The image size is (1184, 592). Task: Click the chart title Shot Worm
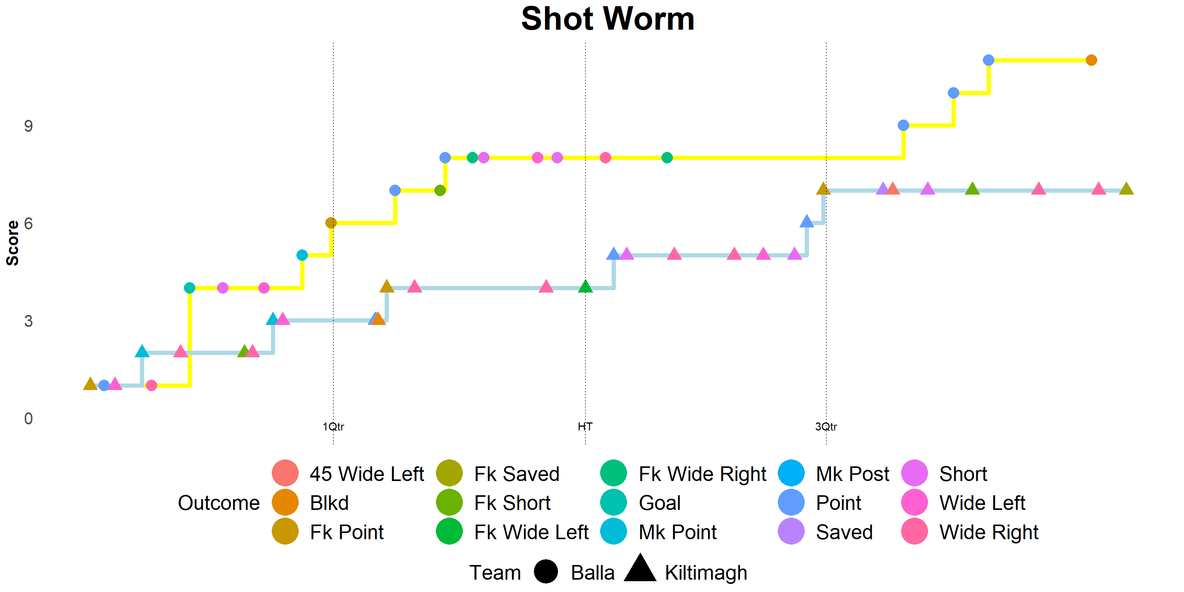(x=608, y=19)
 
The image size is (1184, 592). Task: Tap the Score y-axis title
(x=13, y=243)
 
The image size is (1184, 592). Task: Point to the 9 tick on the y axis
(x=29, y=126)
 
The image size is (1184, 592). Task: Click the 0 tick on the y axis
(x=29, y=419)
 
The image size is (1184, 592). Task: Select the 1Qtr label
(x=333, y=427)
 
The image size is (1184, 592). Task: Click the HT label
(x=585, y=427)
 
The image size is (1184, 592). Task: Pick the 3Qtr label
(x=826, y=427)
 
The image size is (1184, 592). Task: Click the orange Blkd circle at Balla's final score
(x=1091, y=60)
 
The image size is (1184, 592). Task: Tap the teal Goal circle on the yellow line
(x=189, y=288)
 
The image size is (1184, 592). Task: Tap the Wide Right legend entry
(x=970, y=532)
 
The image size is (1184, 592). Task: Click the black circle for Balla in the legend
(x=546, y=572)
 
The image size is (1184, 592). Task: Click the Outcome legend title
(x=219, y=503)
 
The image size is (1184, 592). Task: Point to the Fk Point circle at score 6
(x=331, y=223)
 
